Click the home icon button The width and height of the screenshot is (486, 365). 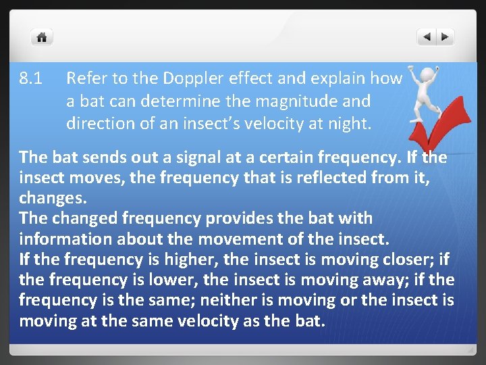[42, 37]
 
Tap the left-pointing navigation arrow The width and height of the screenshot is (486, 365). [427, 37]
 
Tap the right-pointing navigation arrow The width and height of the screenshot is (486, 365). [446, 37]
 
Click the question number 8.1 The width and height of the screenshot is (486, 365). [31, 79]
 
